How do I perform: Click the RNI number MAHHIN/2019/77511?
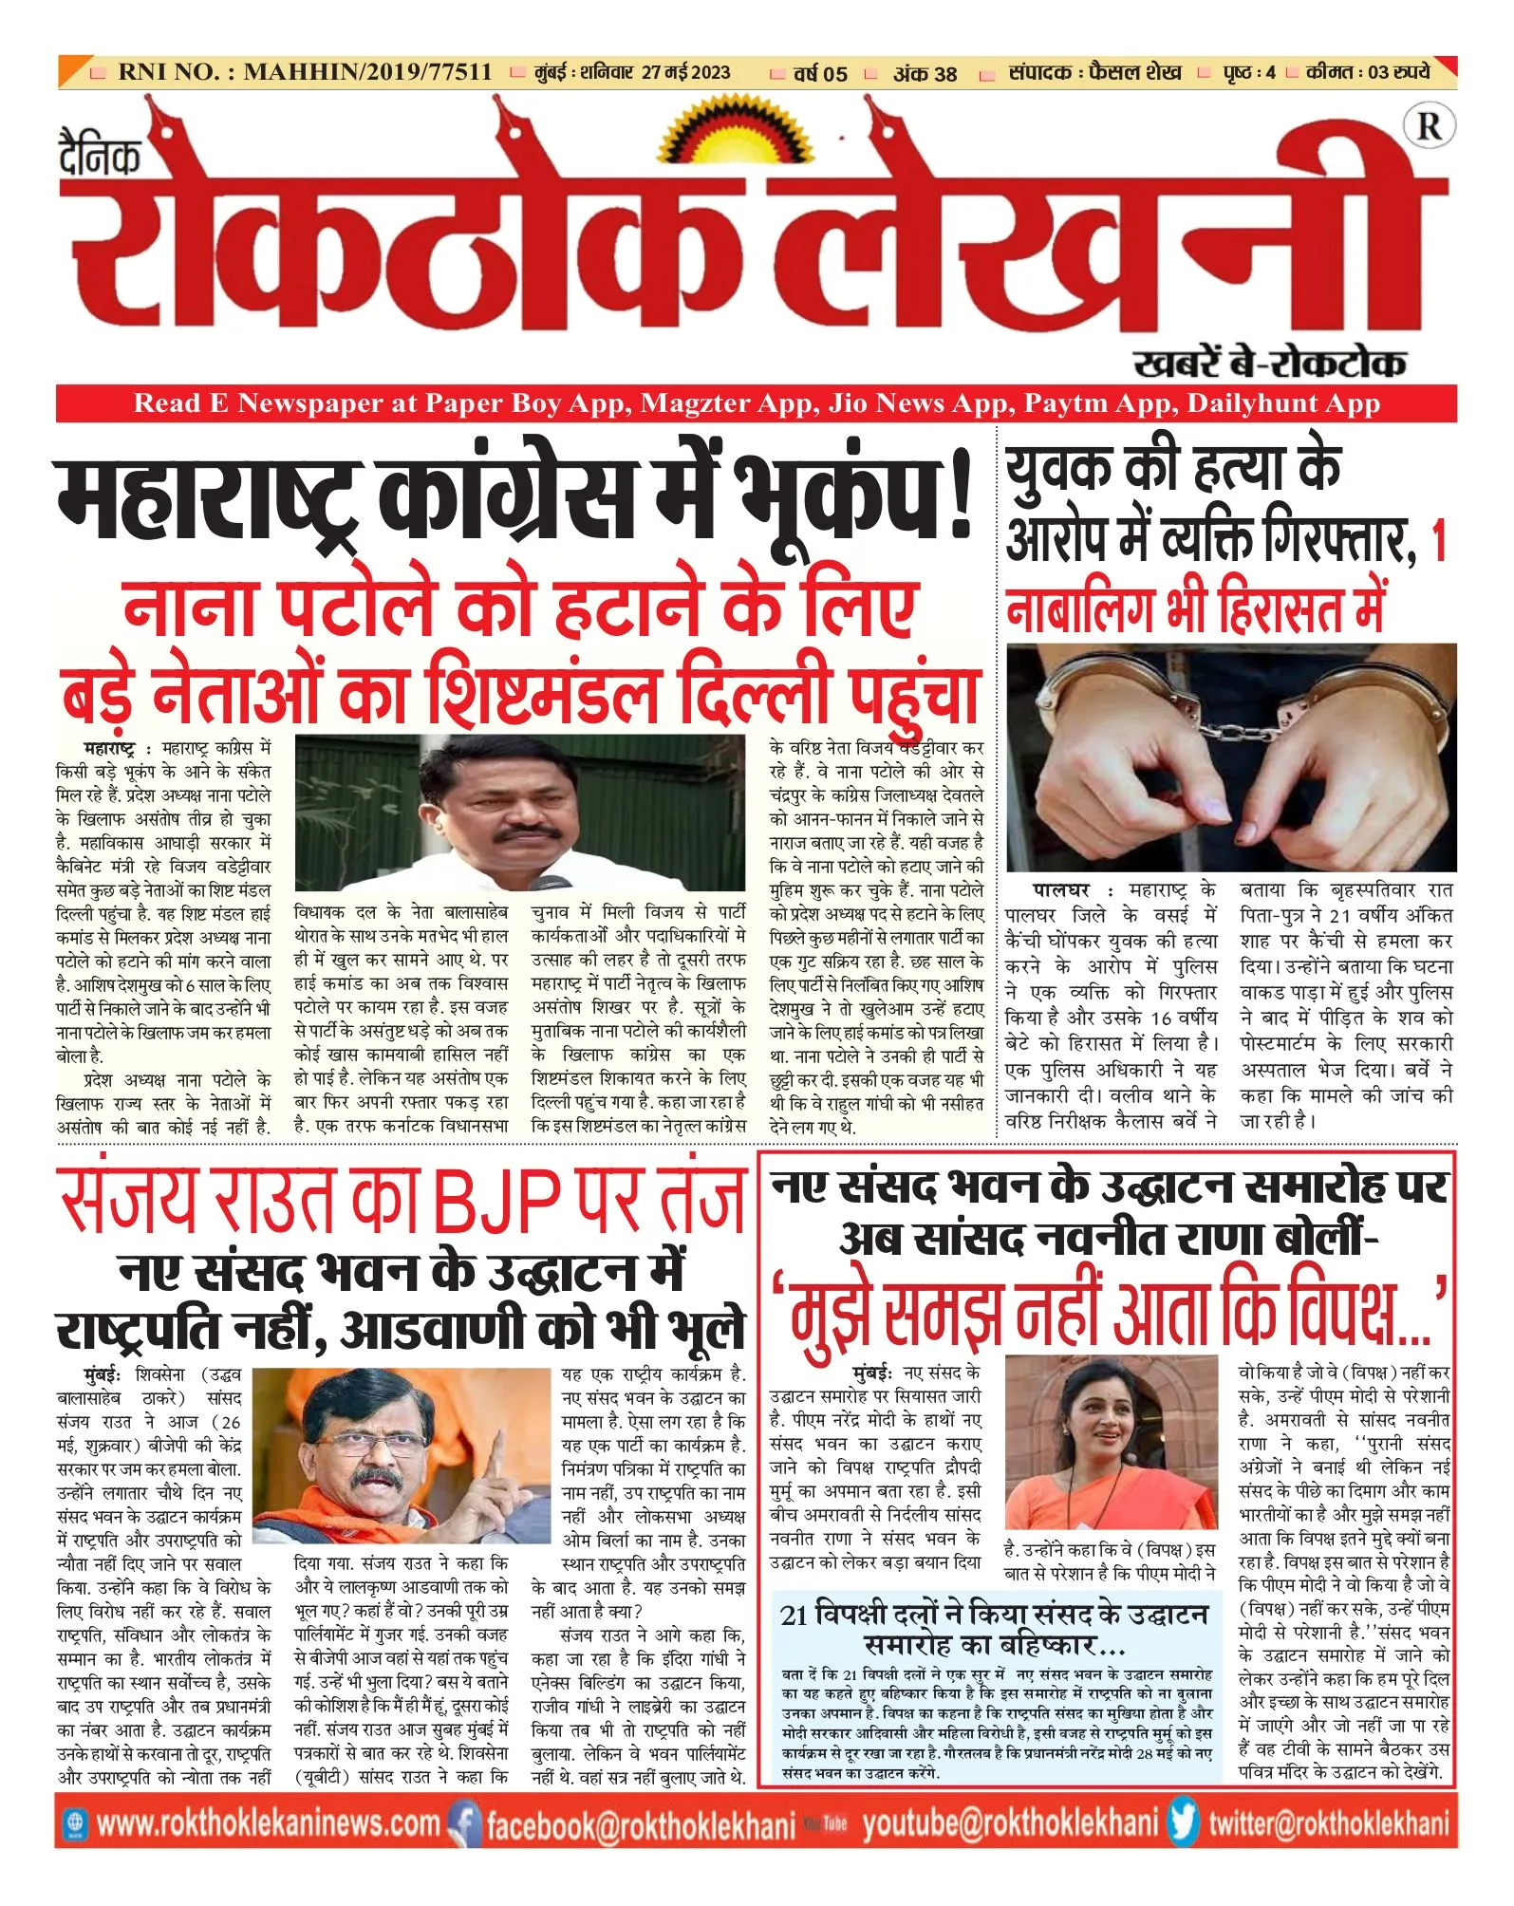pos(367,72)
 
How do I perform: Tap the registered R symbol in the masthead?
pos(1429,126)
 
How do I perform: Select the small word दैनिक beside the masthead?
pos(100,156)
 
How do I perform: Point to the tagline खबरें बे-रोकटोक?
pos(1269,363)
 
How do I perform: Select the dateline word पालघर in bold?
pos(1060,890)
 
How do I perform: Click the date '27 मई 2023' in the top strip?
pos(685,72)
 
